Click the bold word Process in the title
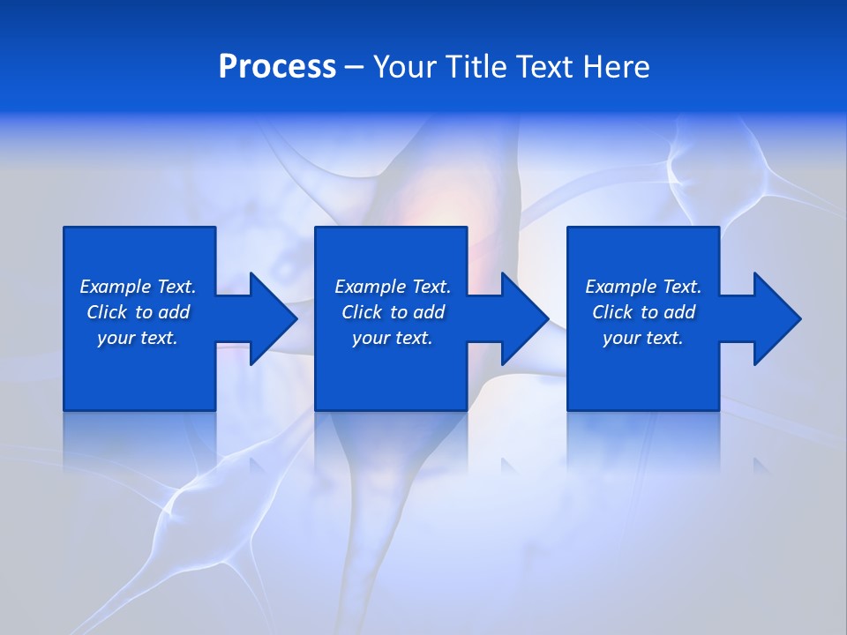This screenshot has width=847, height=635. tap(277, 67)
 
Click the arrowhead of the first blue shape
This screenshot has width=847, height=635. tap(273, 318)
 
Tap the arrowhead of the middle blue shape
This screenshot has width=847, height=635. tap(524, 318)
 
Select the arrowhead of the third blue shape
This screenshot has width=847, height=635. tap(776, 318)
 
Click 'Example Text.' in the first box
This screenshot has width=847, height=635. tap(138, 287)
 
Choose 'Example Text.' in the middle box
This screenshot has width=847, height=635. tap(393, 287)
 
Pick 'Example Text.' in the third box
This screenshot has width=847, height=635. tap(643, 287)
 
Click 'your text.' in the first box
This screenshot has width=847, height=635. tap(138, 338)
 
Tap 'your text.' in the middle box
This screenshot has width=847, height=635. tap(393, 338)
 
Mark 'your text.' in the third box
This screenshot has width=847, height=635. tap(643, 338)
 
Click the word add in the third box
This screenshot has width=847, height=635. tap(678, 312)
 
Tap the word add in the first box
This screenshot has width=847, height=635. tap(173, 312)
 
